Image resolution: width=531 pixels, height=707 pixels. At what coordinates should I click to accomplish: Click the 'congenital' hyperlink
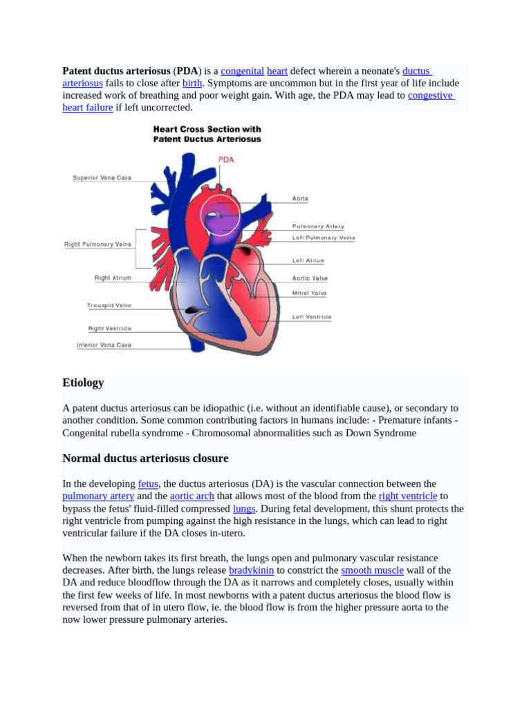click(x=242, y=71)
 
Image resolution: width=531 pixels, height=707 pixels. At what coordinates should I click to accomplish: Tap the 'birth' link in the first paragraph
click(x=192, y=83)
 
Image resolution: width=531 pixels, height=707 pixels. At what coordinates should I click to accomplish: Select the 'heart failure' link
click(x=88, y=108)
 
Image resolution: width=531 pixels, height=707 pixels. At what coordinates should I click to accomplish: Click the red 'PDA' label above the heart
click(x=226, y=159)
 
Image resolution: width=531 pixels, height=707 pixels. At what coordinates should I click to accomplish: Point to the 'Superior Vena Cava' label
click(x=102, y=178)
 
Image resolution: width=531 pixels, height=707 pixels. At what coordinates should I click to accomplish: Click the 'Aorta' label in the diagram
click(x=300, y=199)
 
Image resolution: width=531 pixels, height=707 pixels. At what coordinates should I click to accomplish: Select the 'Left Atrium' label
click(x=308, y=261)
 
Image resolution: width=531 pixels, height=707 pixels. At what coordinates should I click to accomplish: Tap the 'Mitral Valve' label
click(x=310, y=293)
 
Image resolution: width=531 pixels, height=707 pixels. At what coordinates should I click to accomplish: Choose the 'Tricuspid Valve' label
click(x=109, y=305)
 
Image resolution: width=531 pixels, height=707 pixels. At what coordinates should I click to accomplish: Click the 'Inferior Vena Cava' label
click(x=104, y=345)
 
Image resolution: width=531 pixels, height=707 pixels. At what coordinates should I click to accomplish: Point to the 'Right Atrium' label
click(x=113, y=278)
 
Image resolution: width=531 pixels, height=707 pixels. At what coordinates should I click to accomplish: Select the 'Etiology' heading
click(x=83, y=382)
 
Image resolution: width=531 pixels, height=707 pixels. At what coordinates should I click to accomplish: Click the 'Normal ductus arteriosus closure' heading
click(x=145, y=458)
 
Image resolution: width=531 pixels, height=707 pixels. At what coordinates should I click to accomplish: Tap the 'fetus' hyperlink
click(x=148, y=484)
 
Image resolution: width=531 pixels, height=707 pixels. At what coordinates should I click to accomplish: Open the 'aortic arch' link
click(x=192, y=496)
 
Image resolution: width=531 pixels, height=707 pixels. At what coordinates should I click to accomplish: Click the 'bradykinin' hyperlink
click(x=251, y=570)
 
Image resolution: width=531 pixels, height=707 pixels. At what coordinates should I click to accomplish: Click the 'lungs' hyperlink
click(x=244, y=509)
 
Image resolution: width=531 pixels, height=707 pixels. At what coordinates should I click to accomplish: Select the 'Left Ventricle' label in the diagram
click(x=312, y=317)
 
